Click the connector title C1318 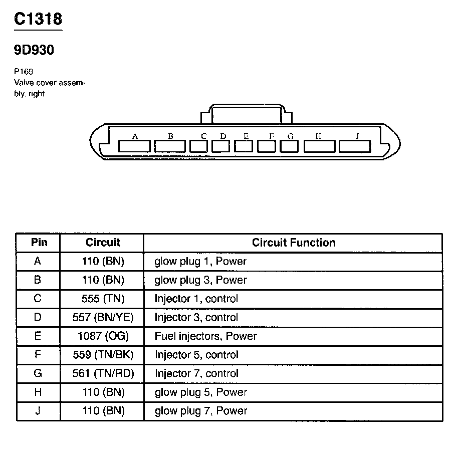38,19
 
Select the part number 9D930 34,50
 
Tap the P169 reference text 24,72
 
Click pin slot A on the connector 134,146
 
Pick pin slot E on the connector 244,146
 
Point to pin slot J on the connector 355,146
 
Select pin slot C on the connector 199,146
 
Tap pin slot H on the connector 320,146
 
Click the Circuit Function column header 294,243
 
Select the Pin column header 39,243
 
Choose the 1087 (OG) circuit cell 103,336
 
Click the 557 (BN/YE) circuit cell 103,317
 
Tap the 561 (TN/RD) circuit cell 103,373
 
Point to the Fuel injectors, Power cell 205,336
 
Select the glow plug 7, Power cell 200,411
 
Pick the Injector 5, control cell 196,355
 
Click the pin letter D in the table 38,317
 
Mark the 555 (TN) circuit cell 103,299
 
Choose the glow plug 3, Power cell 200,280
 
